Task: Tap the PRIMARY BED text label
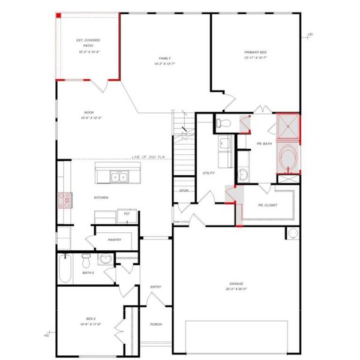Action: [255, 53]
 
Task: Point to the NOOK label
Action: [88, 112]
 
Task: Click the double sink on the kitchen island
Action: [118, 177]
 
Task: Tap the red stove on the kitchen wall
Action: [64, 200]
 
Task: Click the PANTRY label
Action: [115, 240]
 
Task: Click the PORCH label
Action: [156, 325]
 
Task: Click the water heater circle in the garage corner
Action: [293, 233]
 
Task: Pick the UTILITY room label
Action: [209, 172]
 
